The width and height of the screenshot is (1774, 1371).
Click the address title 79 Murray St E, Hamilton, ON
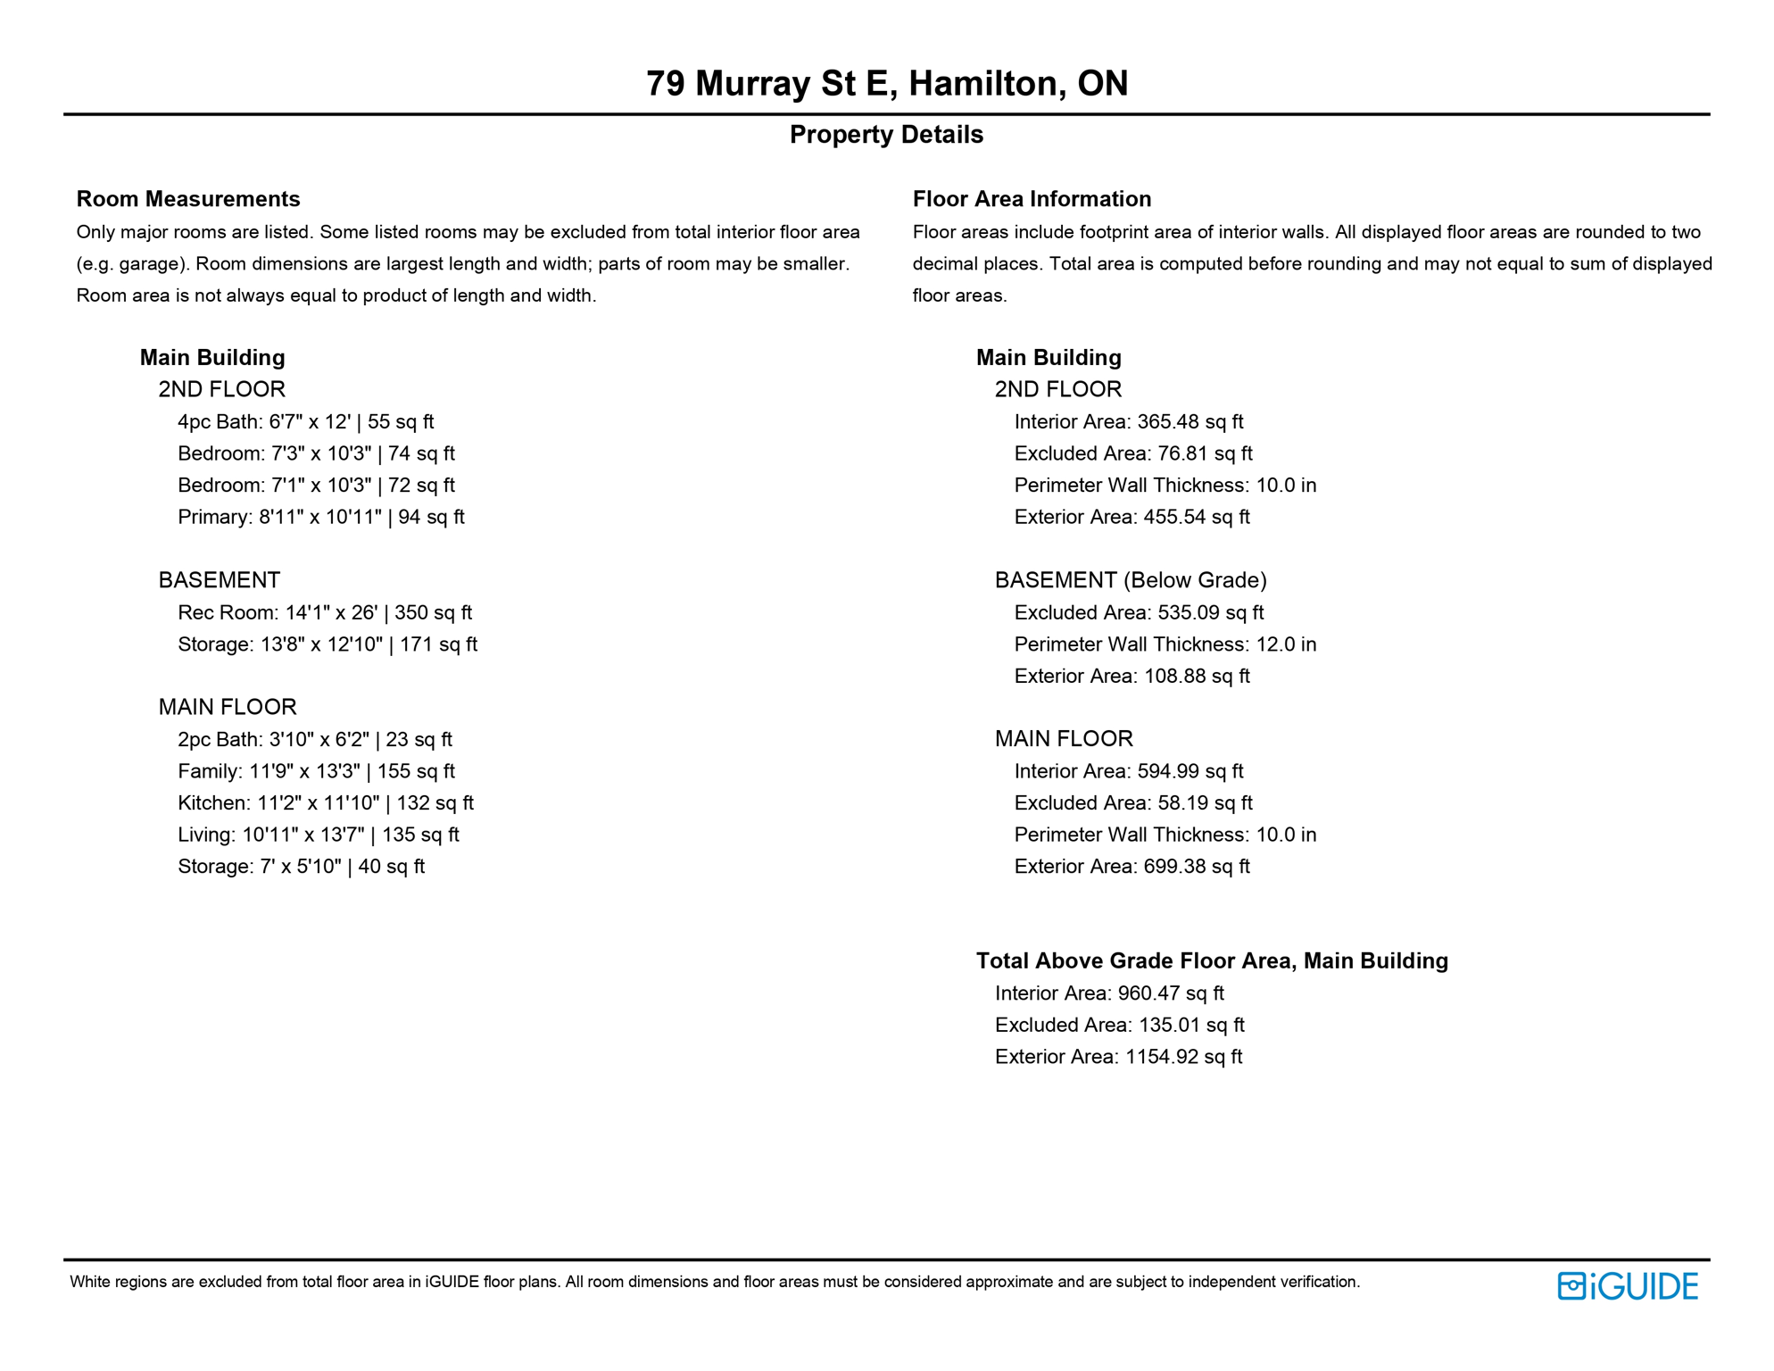pos(886,84)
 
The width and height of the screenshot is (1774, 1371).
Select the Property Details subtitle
pos(886,135)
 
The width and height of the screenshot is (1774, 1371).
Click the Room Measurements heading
pos(188,199)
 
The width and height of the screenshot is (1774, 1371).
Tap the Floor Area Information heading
pos(1032,199)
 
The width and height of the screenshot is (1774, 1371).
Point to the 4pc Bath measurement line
pos(305,422)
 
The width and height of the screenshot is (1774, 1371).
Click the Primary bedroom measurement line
pos(320,518)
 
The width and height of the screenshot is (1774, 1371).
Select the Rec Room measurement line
pos(324,613)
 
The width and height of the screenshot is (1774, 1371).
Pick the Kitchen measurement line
pos(325,803)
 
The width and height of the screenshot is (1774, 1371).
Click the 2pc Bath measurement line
pos(314,740)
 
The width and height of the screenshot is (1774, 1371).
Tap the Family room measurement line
pos(316,772)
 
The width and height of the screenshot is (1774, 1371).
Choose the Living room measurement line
pos(318,835)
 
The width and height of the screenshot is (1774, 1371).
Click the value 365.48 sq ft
pos(1190,422)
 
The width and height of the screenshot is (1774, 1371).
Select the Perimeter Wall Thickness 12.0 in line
pos(1165,644)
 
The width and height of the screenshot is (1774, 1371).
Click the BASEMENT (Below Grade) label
pos(1131,581)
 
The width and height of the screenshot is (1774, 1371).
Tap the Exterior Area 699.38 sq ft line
pos(1132,867)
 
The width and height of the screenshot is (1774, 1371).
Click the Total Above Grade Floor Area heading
pos(1212,961)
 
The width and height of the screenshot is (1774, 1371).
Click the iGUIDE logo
pos(1628,1286)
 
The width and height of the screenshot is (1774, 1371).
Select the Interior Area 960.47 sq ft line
pos(1109,994)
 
